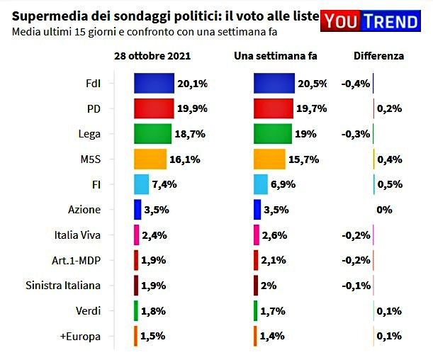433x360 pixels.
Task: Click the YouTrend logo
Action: point(369,21)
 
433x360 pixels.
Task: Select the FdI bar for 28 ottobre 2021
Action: point(154,84)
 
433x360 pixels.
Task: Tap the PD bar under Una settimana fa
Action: point(273,108)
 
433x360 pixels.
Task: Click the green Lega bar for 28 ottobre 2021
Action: point(152,134)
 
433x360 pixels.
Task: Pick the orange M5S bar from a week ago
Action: point(269,159)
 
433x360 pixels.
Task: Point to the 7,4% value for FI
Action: point(164,184)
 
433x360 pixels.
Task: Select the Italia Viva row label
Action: point(77,235)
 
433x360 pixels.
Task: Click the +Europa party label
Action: point(81,335)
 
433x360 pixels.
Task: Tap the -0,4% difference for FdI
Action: point(355,84)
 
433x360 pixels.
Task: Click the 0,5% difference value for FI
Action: point(389,184)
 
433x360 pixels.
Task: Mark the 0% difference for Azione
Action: point(385,210)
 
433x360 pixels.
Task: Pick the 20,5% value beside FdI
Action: point(312,84)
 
